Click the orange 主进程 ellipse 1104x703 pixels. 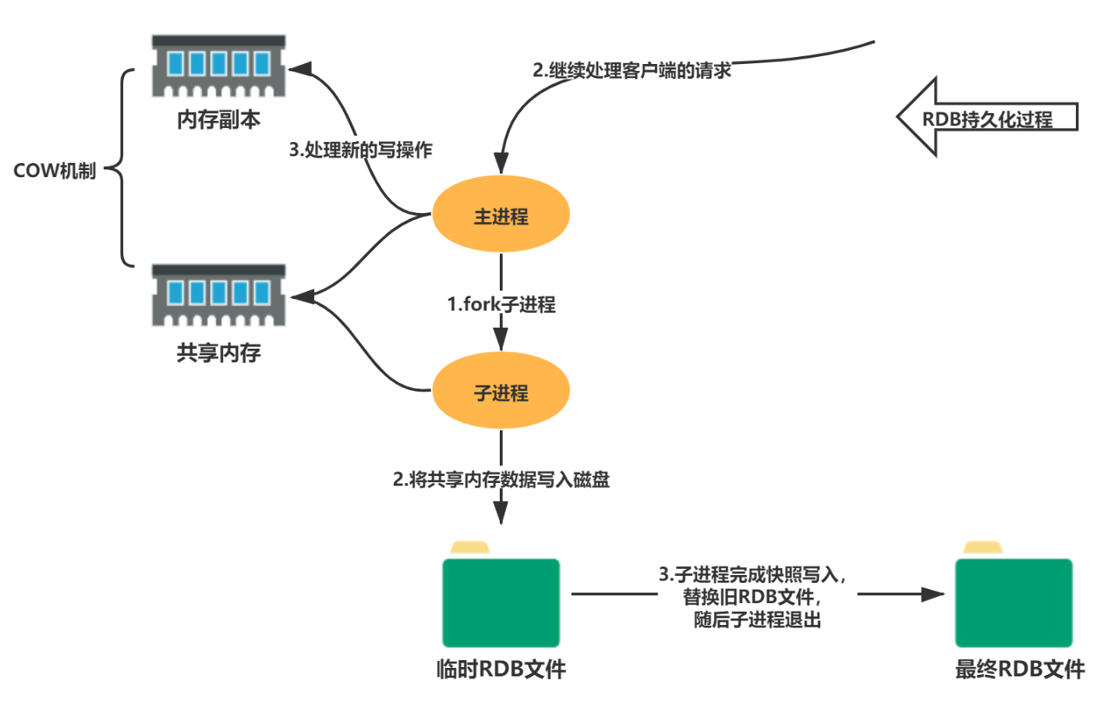501,215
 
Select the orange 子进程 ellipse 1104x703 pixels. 501,391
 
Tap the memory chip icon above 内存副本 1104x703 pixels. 218,66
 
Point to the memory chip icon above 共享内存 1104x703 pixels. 218,296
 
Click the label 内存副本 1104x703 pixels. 218,120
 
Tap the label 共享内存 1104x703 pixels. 218,353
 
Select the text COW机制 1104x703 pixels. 55,171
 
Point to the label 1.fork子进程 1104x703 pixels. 501,304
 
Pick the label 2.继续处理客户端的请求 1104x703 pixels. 632,71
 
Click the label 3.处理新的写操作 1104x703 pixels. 360,150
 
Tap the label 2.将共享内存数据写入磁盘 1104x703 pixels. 501,479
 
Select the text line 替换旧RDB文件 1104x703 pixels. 752,597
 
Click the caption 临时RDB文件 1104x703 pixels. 501,669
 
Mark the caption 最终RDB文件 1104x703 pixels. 1020,669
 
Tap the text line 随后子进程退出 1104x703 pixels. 757,620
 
